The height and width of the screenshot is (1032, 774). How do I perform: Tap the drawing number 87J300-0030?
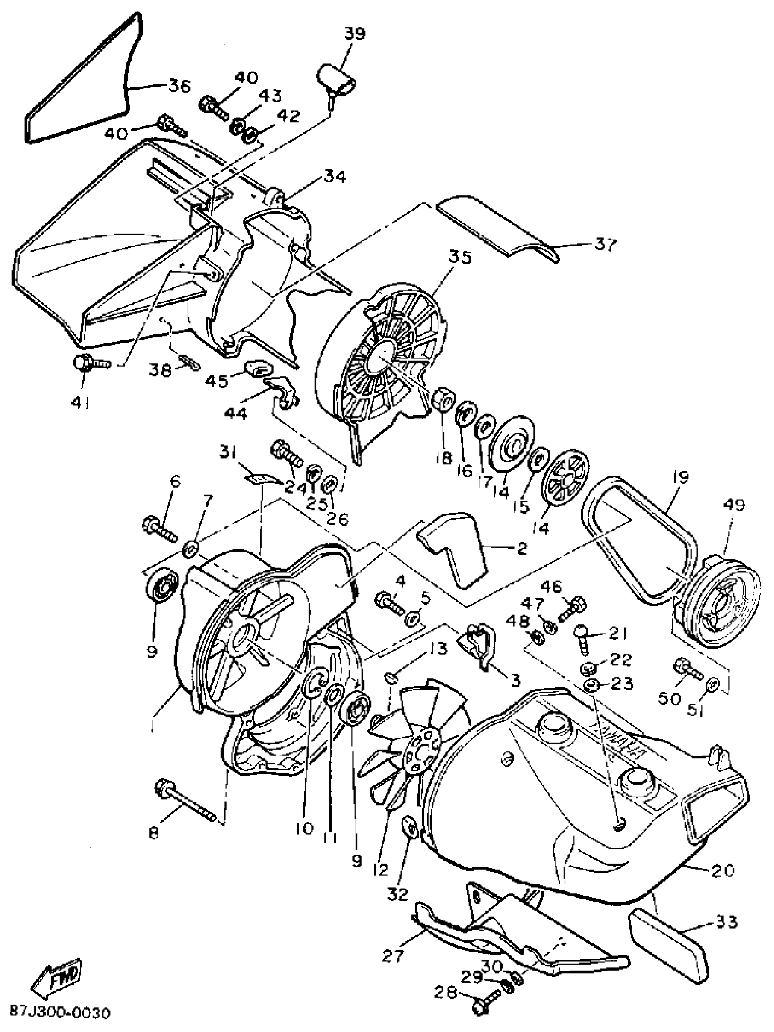[61, 1012]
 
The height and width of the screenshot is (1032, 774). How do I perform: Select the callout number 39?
[355, 34]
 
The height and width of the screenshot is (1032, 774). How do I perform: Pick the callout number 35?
[460, 257]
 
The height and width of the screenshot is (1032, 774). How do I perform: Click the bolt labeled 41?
[91, 363]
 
